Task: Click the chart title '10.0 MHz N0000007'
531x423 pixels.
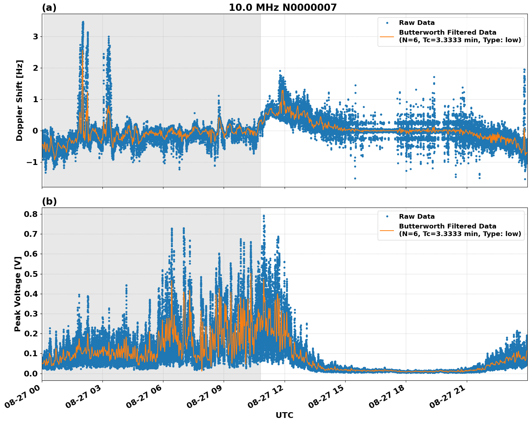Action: click(282, 8)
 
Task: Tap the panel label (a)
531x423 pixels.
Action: click(49, 8)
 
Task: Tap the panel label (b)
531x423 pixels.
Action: click(49, 201)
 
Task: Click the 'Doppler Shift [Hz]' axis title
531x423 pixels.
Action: click(19, 100)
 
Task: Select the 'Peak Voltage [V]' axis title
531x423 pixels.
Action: click(18, 294)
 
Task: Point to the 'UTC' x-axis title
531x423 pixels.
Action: click(284, 415)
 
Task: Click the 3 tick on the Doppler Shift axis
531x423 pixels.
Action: click(35, 37)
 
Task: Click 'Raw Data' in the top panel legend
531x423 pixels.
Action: click(417, 23)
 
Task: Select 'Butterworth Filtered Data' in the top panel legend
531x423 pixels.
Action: click(447, 32)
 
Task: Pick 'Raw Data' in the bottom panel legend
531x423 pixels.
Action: click(417, 217)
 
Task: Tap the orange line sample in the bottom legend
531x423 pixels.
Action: click(387, 230)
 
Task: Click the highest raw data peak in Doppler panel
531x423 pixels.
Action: click(83, 22)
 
